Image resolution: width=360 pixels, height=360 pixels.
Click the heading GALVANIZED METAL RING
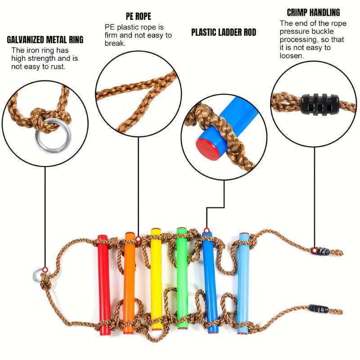pos(45,40)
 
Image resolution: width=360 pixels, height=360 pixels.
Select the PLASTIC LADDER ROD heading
pos(224,32)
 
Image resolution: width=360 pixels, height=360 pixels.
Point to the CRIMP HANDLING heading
pos(313,13)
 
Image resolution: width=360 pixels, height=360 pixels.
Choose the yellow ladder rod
pos(156,279)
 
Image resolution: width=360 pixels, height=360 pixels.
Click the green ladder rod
pos(182,279)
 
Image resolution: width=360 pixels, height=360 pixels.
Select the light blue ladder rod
pos(244,279)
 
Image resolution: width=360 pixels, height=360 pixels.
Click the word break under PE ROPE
pos(114,44)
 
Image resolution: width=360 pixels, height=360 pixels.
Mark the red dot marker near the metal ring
pos(45,269)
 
